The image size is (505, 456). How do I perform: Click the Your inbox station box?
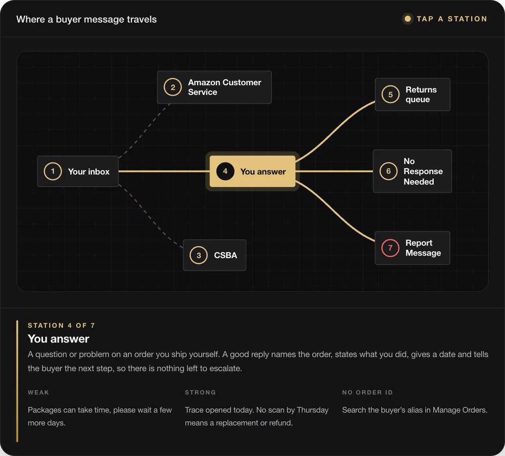coord(78,171)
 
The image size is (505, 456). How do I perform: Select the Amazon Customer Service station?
coord(214,87)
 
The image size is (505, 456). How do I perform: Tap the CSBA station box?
coord(215,255)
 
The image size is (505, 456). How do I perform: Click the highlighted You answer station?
coord(252,171)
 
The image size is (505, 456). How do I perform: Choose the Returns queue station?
coord(412,94)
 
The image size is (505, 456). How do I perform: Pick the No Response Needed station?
coord(412,171)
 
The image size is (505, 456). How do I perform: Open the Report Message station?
coord(412,248)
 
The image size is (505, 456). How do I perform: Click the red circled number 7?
coord(390,248)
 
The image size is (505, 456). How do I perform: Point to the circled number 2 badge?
coord(173,87)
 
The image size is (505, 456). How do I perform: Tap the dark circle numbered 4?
coord(225,171)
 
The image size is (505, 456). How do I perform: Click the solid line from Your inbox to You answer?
coord(164,171)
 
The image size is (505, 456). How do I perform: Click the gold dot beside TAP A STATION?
coord(408,19)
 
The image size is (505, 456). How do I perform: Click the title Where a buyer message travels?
coord(86,19)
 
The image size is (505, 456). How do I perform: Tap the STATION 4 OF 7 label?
coord(61,325)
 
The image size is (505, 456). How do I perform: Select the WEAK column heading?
coord(38,392)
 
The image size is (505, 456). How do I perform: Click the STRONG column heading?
coord(201,392)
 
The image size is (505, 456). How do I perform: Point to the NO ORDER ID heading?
coord(368,392)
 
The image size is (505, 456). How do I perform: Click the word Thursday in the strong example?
coord(313,410)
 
